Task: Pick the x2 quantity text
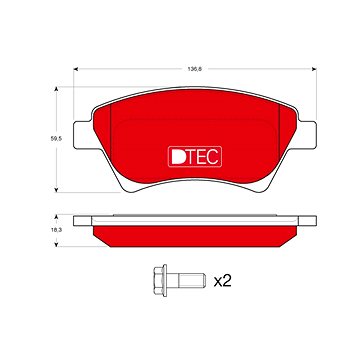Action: [223, 281]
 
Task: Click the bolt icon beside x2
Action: [175, 281]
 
